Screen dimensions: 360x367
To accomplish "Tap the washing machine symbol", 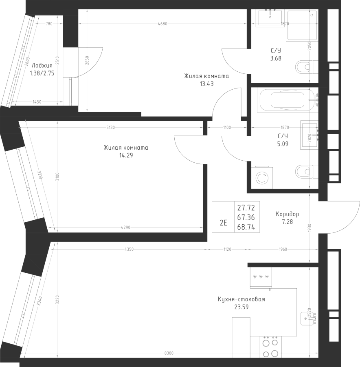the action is click(x=261, y=177).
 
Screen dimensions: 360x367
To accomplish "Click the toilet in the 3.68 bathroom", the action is click(x=307, y=67).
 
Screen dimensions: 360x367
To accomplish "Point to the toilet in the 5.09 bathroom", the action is click(x=307, y=172).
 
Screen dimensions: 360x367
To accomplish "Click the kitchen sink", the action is click(x=309, y=318).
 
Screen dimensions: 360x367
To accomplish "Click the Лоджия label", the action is click(x=42, y=65).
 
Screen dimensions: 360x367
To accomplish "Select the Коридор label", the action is click(x=287, y=214).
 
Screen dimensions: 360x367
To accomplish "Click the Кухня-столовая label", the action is click(x=241, y=299).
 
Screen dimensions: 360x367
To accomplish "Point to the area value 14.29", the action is click(x=126, y=155).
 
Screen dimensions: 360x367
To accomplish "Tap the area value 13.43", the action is click(x=206, y=84).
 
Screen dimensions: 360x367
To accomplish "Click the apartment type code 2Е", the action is click(x=224, y=223).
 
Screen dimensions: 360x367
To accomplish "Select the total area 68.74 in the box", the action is click(x=246, y=227).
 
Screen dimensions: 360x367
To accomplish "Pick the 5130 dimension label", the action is click(x=111, y=128).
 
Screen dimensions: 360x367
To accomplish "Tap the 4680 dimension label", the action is click(x=163, y=24).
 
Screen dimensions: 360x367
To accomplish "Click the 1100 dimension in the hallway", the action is click(x=227, y=128).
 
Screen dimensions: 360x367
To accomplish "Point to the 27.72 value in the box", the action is click(x=246, y=208).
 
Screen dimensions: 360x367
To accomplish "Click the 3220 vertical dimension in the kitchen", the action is click(x=57, y=300).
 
